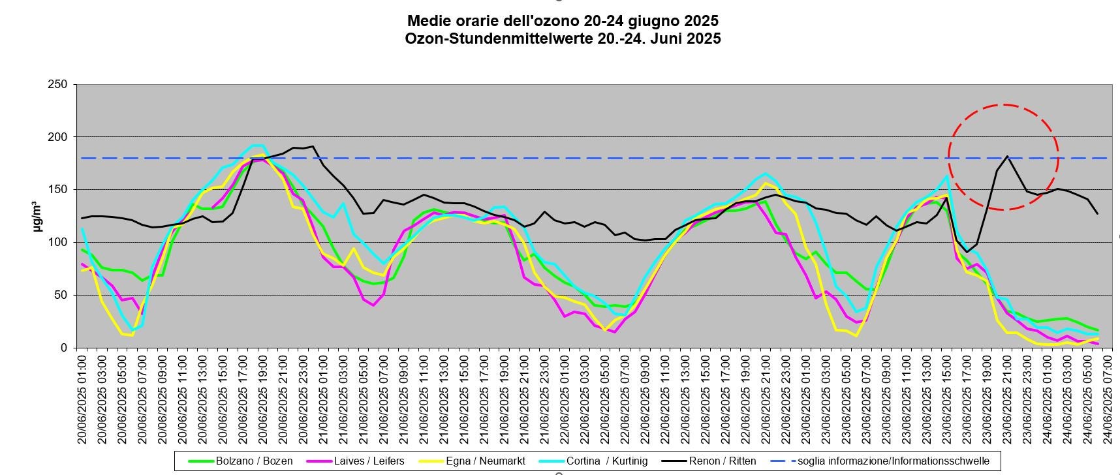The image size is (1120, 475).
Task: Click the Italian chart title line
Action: (x=562, y=21)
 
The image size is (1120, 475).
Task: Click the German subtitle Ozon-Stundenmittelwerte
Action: (x=562, y=38)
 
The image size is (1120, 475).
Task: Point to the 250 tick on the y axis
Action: (x=57, y=84)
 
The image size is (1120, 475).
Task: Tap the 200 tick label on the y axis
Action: (x=57, y=137)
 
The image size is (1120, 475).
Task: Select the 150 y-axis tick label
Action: (x=57, y=190)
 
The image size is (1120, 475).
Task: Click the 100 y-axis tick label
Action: (x=57, y=243)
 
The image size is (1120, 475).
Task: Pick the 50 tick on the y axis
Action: (x=60, y=295)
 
